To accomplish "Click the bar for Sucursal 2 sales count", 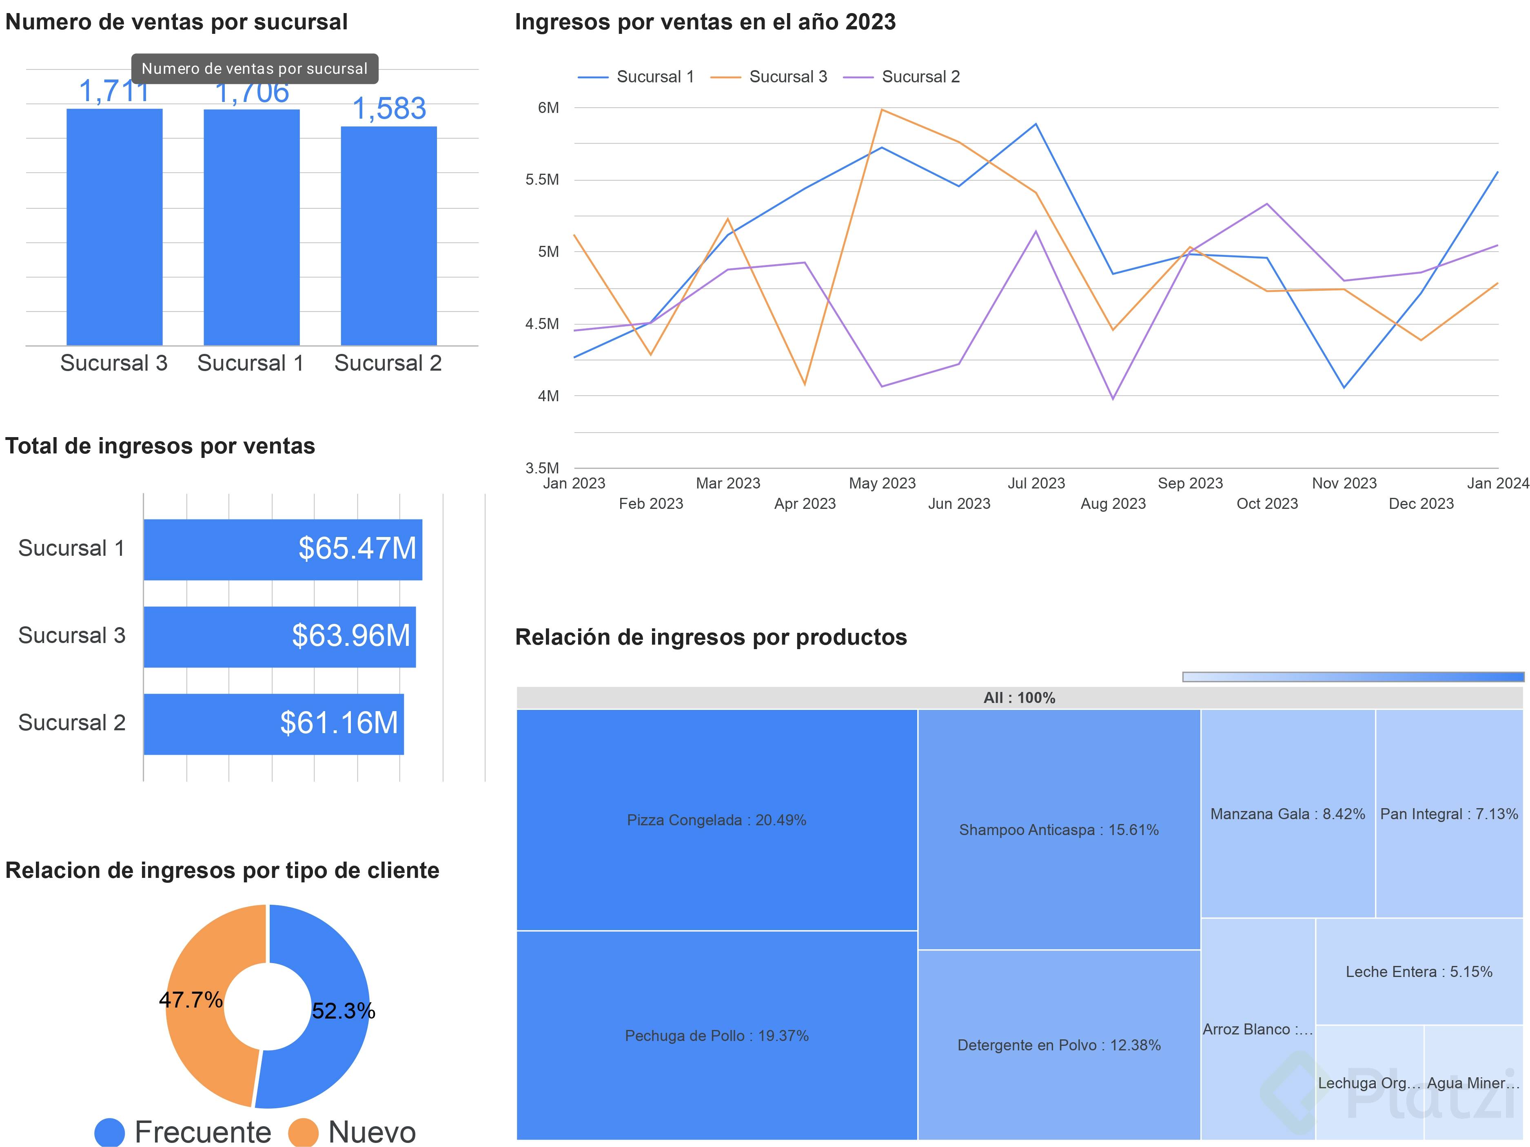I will (389, 235).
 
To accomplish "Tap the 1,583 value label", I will (389, 108).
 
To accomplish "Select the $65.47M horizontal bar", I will (282, 550).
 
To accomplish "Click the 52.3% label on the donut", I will (343, 1011).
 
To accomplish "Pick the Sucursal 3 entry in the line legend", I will (769, 77).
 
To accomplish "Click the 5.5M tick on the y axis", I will (542, 180).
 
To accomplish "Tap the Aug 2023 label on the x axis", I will (1113, 503).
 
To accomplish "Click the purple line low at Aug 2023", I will (1113, 399).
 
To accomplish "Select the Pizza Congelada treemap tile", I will (716, 820).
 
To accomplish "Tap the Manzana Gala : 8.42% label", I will (1287, 814).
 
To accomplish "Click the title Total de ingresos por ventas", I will (160, 446).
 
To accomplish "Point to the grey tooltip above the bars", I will (255, 69).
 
